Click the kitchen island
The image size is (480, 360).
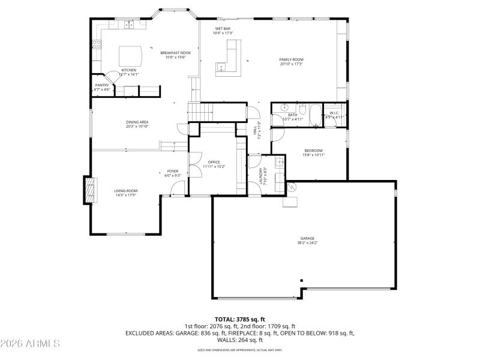coord(131,56)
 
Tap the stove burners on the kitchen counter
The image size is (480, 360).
coord(96,44)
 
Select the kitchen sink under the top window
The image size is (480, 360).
coord(128,25)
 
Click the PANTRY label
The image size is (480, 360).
coord(102,85)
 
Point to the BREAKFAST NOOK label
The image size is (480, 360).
coord(175,53)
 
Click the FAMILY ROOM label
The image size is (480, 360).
coord(292,59)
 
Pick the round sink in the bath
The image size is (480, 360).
coord(278,109)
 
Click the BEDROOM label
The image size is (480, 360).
coord(313,150)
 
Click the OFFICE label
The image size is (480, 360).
coord(214,162)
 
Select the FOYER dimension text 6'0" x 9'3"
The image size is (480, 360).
coord(173,176)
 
